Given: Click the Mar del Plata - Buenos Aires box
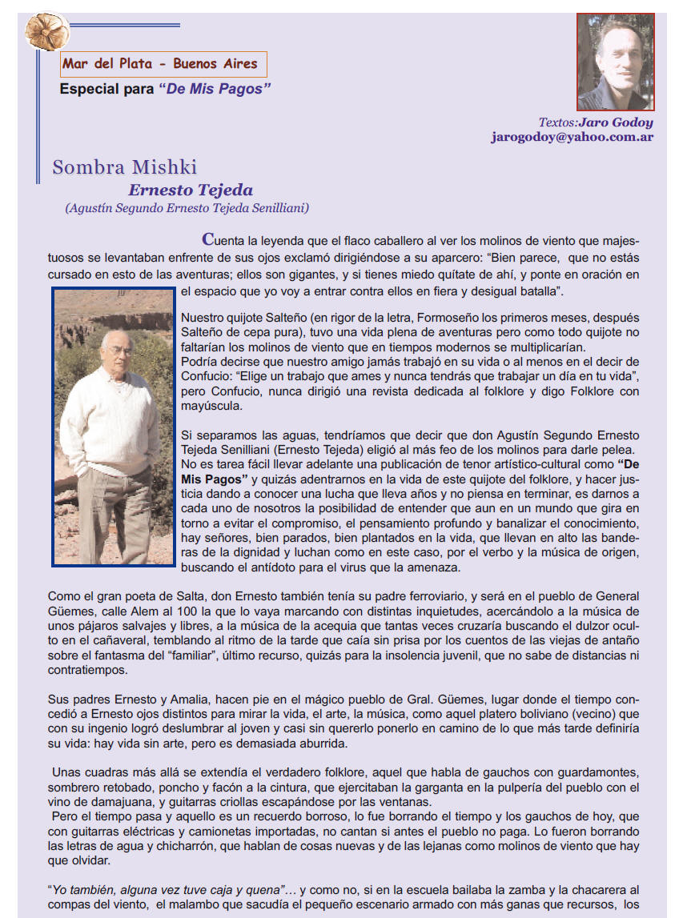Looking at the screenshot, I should [163, 64].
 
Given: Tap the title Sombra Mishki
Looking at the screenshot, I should [124, 167].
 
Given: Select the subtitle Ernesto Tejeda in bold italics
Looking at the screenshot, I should [191, 190].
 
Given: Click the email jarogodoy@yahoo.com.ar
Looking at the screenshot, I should [573, 137].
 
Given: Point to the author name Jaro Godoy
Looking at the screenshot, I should [616, 122].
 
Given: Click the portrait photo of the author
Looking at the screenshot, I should [615, 62].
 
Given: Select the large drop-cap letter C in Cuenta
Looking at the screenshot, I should [208, 239].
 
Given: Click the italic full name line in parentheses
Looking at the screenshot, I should [187, 208].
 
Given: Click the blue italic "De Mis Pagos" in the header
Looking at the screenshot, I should [215, 89].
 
